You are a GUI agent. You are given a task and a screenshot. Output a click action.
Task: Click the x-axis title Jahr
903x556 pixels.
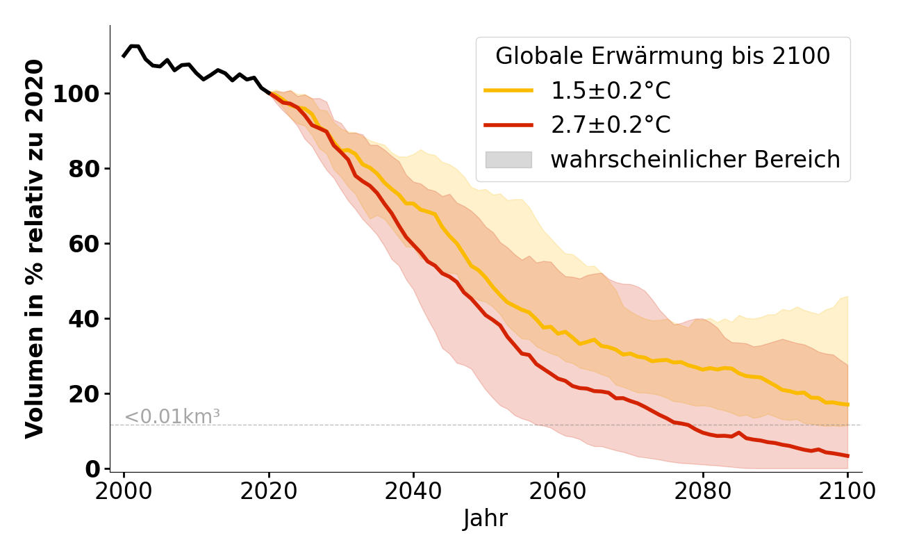click(x=486, y=518)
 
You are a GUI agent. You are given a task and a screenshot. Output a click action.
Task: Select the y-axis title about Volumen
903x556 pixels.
click(x=35, y=248)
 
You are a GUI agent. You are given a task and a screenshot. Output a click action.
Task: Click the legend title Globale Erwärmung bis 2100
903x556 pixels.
click(x=663, y=56)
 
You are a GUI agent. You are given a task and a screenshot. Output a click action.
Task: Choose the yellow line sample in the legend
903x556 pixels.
click(x=508, y=91)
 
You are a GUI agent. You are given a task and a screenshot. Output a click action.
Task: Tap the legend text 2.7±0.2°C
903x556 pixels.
click(x=611, y=125)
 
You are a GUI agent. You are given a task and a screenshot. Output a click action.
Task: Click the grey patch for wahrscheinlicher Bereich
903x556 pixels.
click(x=508, y=160)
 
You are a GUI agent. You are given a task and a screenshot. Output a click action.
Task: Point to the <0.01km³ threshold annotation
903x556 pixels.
click(x=172, y=417)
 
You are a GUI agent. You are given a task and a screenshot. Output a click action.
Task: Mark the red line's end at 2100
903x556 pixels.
click(x=847, y=456)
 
